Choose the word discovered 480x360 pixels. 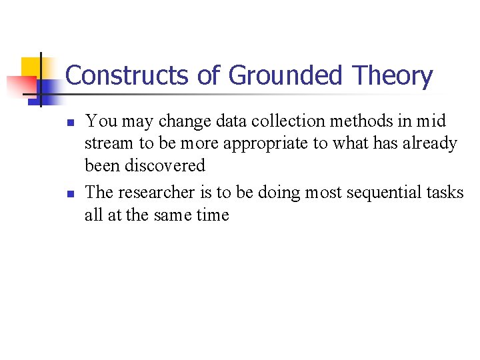(165, 166)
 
